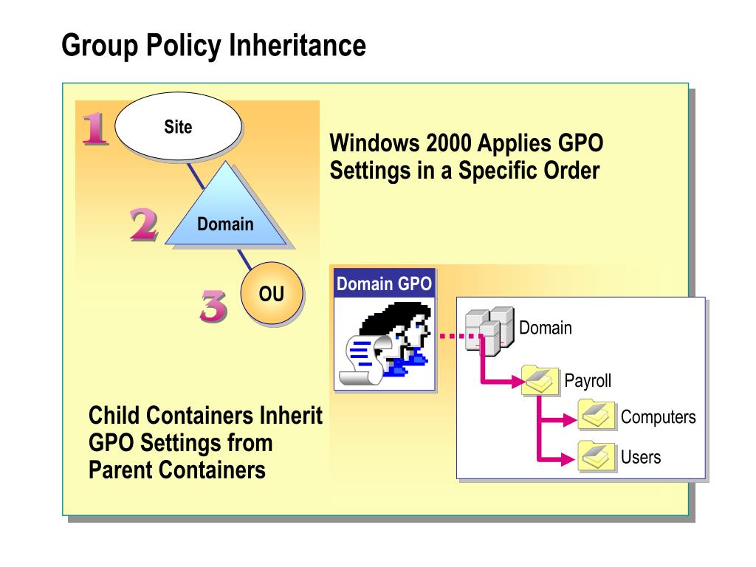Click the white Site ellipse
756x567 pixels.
click(178, 127)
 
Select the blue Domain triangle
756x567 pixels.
click(225, 214)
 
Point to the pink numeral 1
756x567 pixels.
click(95, 128)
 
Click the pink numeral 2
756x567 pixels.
click(143, 224)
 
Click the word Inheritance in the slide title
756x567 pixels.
click(297, 45)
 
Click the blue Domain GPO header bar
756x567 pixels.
click(384, 283)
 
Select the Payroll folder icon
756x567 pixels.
click(540, 381)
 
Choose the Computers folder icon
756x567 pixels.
click(597, 416)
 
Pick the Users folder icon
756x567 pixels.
click(597, 457)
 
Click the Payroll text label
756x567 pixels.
click(588, 381)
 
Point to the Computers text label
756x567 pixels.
click(658, 417)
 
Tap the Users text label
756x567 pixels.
click(641, 457)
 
